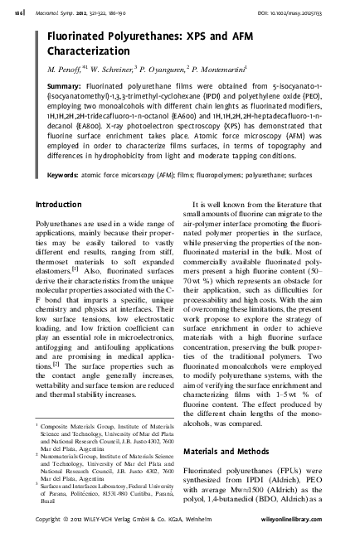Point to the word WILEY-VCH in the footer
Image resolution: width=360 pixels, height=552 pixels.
(x=119, y=540)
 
